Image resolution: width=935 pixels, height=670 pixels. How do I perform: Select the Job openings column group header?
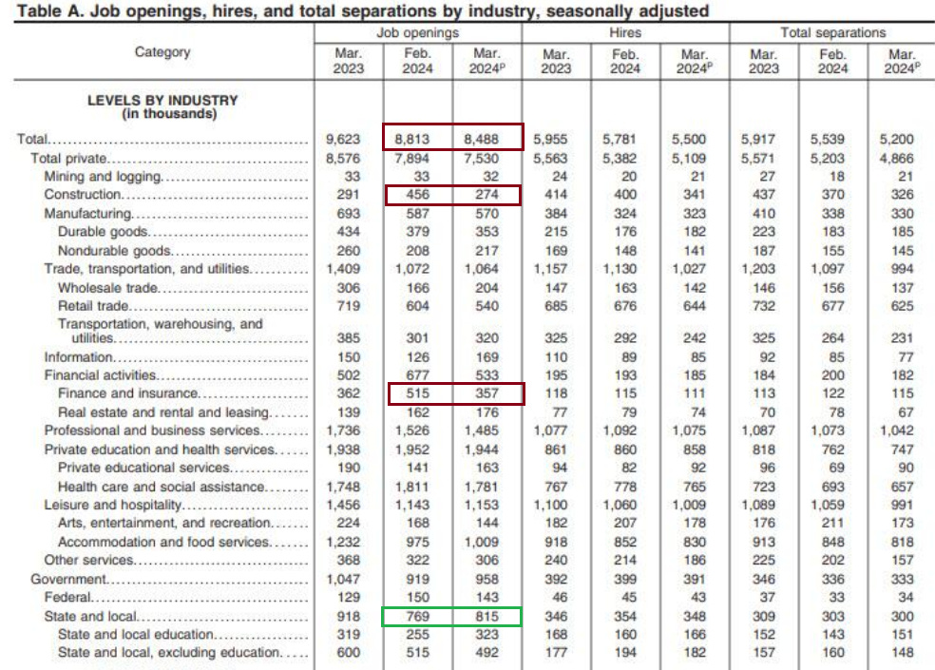(x=418, y=32)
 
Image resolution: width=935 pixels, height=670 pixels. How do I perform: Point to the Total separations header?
(x=832, y=32)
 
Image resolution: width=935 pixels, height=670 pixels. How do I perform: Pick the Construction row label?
(x=84, y=195)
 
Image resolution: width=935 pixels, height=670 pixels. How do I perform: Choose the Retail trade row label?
(x=93, y=306)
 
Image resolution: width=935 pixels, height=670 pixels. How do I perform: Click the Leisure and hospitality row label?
(x=112, y=505)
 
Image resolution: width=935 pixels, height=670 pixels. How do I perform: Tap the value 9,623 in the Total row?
(x=348, y=140)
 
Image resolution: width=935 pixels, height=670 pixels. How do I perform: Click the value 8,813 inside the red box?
(x=418, y=140)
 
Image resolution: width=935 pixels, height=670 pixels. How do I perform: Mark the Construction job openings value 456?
(x=418, y=195)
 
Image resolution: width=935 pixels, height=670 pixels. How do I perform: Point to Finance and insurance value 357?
(x=487, y=393)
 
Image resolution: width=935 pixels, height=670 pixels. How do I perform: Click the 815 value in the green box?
(x=487, y=616)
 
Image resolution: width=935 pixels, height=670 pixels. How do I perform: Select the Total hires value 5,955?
(x=557, y=140)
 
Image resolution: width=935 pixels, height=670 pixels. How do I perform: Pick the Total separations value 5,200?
(x=902, y=140)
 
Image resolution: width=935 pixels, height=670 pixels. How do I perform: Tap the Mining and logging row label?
(x=103, y=177)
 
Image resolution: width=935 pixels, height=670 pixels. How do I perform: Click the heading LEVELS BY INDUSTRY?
(x=162, y=101)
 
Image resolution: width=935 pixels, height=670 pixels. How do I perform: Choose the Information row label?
(x=79, y=357)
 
